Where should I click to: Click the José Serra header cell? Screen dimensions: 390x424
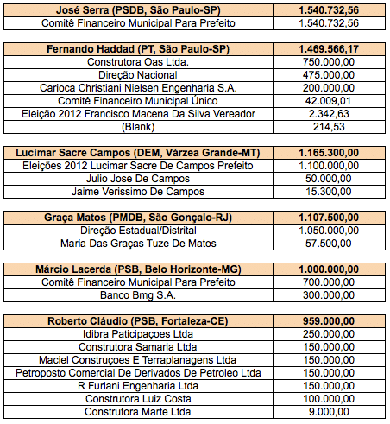(x=138, y=10)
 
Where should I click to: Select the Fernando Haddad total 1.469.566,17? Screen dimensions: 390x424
(x=329, y=49)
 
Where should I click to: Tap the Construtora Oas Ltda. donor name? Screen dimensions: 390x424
(x=138, y=62)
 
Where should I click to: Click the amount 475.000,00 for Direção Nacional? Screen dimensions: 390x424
(x=329, y=75)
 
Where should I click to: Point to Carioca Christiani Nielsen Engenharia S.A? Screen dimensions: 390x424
(x=138, y=88)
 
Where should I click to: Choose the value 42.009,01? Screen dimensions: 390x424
(x=329, y=101)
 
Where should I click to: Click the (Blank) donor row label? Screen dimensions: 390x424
(x=138, y=127)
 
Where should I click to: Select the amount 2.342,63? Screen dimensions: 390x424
(x=329, y=114)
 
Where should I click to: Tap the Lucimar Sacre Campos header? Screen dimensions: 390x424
(x=138, y=153)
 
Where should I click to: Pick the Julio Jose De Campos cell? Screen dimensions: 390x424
(x=138, y=179)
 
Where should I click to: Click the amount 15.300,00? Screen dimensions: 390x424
(x=329, y=192)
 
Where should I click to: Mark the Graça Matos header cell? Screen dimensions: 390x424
(x=138, y=218)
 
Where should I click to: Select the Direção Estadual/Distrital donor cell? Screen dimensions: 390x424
(x=138, y=231)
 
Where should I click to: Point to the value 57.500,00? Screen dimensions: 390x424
(x=329, y=244)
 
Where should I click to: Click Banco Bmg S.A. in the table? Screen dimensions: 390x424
(x=138, y=295)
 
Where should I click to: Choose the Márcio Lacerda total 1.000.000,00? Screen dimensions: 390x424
(x=329, y=269)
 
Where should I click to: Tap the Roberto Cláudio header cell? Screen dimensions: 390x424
(x=138, y=321)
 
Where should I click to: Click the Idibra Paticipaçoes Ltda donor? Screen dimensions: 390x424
(x=138, y=334)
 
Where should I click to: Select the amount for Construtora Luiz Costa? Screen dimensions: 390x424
(x=329, y=399)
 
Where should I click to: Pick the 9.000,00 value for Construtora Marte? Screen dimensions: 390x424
(x=329, y=412)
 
